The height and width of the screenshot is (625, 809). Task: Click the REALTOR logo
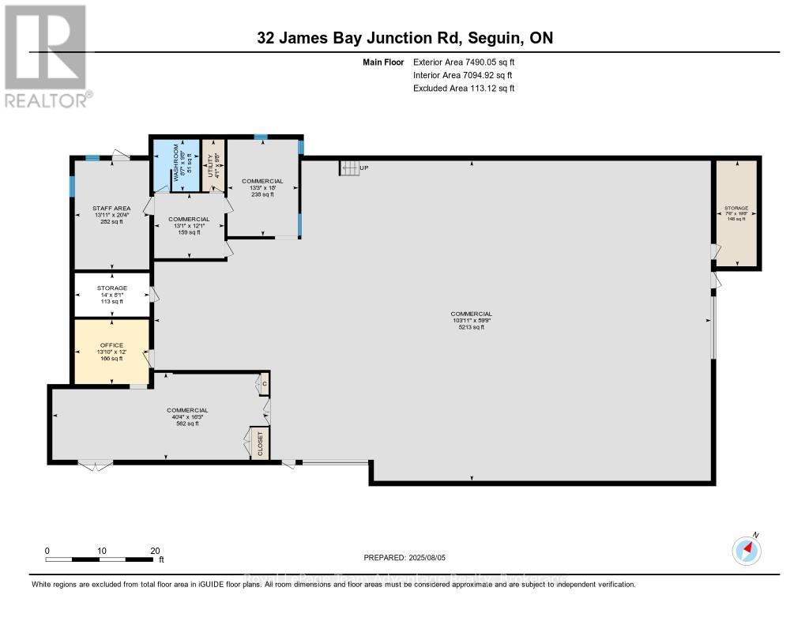46,55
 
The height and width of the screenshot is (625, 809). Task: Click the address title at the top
404,38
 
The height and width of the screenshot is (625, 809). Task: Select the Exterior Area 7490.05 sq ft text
465,62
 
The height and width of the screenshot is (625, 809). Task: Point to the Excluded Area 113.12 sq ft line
464,88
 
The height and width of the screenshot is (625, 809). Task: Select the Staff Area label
111,215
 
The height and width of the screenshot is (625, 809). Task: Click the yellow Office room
111,352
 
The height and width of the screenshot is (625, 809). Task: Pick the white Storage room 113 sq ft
111,295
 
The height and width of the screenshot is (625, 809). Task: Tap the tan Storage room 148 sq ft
736,213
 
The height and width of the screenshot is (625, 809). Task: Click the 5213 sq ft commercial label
472,320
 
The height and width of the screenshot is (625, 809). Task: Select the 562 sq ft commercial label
187,416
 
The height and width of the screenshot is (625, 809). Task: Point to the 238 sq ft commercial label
262,187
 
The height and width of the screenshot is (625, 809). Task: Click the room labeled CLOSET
260,443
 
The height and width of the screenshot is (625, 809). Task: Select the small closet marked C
264,383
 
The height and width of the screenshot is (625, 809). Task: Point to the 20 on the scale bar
155,551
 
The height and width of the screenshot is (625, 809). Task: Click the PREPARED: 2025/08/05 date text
404,558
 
